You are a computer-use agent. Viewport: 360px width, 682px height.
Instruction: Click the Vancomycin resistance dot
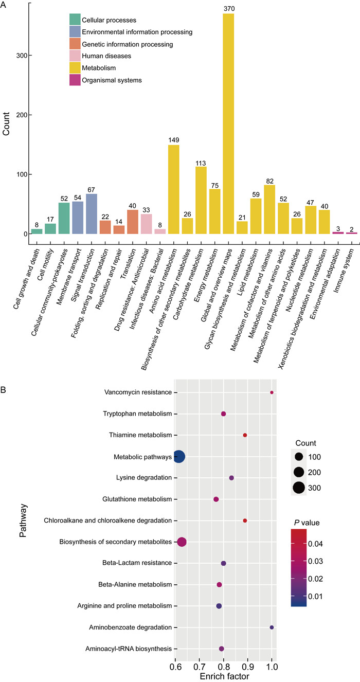pyautogui.click(x=272, y=392)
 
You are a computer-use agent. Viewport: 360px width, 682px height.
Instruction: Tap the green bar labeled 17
pyautogui.click(x=50, y=229)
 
